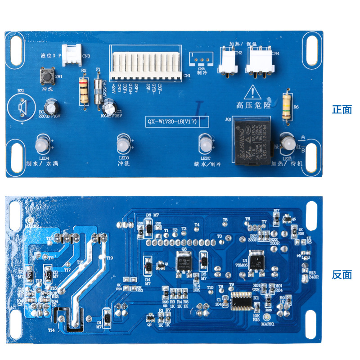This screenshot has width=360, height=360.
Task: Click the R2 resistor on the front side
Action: coord(83,90)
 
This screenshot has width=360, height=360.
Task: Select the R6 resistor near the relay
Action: coord(286,106)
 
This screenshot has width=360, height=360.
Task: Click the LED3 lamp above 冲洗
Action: coord(122,144)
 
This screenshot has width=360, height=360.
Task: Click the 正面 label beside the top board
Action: coord(342,109)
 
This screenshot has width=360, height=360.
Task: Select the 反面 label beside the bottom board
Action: coord(342,274)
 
